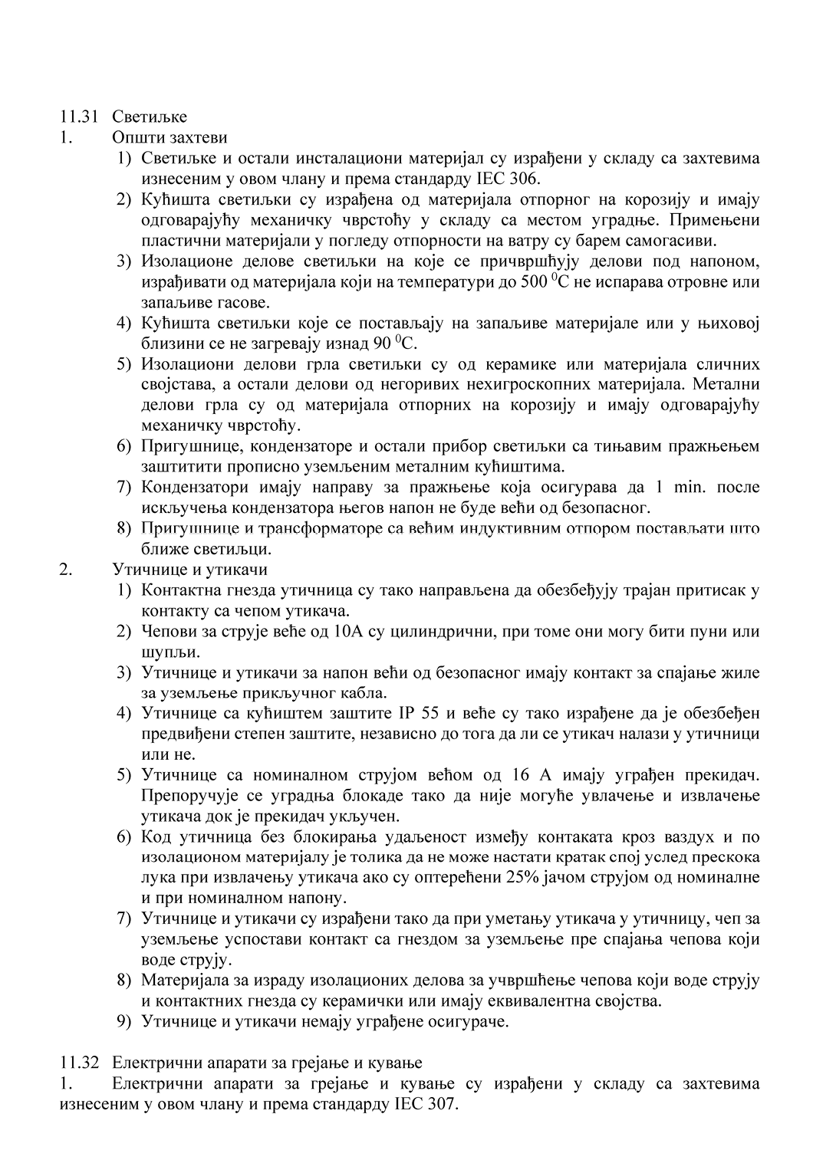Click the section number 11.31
pyautogui.click(x=79, y=117)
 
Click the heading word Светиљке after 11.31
pyautogui.click(x=150, y=117)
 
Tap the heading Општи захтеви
pyautogui.click(x=170, y=138)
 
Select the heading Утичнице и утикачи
pyautogui.click(x=189, y=570)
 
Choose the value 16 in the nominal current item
pyautogui.click(x=519, y=775)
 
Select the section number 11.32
pyautogui.click(x=79, y=1063)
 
